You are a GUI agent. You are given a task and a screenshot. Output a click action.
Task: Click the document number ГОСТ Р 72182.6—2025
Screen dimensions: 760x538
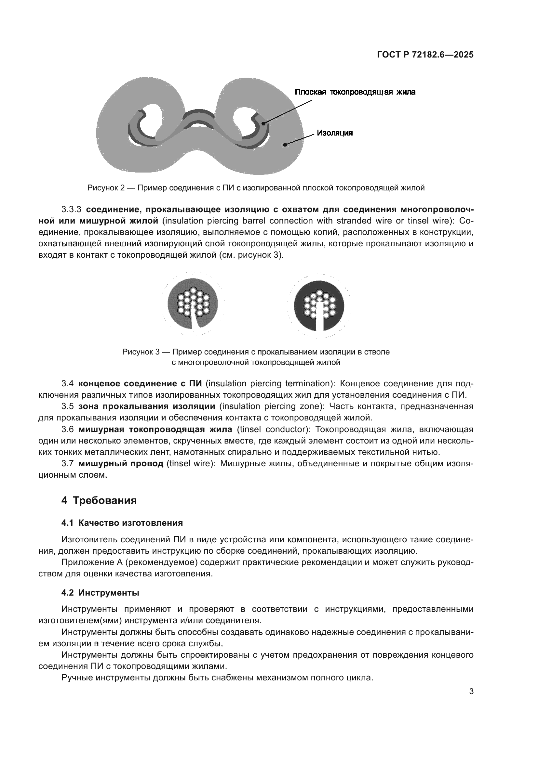[x=425, y=55]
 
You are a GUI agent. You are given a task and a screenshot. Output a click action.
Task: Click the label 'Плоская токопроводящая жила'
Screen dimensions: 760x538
[x=355, y=92]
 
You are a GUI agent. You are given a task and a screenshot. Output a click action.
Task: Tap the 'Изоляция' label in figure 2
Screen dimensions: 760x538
[x=335, y=133]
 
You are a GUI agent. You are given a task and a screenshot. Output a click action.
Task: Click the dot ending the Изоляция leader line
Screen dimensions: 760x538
[x=285, y=144]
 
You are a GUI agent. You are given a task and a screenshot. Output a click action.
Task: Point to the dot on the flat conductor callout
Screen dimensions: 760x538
[x=264, y=123]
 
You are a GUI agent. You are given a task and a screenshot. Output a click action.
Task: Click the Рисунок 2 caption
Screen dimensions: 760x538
[x=256, y=188]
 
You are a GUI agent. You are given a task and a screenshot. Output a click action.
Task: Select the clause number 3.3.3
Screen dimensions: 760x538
[x=71, y=210]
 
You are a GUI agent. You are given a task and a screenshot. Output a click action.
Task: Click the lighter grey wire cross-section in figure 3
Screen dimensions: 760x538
[x=193, y=303]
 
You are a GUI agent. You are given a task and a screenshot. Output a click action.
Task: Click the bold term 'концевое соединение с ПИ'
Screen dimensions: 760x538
[x=140, y=384]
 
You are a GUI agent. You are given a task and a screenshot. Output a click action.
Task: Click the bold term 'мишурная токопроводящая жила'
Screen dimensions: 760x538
[x=155, y=429]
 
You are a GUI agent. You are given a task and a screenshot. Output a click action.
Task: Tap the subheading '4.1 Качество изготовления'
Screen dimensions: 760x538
[x=122, y=523]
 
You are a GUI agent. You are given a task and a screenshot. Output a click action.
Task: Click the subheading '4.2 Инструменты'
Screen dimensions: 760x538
[x=100, y=593]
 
